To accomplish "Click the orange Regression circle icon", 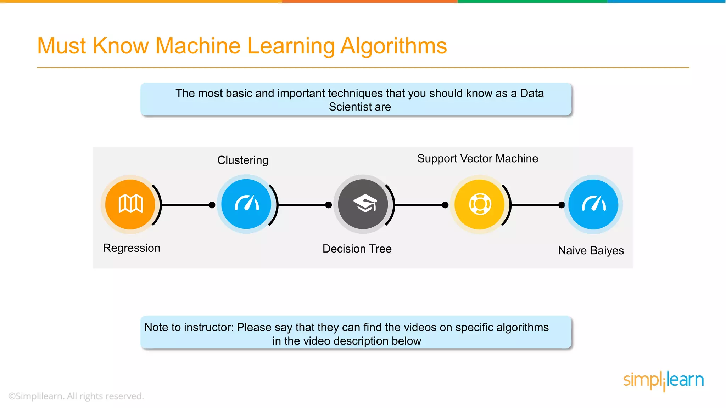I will coord(130,204).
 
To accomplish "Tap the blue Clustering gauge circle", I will coord(246,204).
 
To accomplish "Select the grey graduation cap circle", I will coord(363,204).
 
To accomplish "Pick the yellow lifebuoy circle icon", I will coord(480,204).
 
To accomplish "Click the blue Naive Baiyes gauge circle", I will coord(593,204).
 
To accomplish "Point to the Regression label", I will coord(132,248).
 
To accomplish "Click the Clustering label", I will coord(243,160).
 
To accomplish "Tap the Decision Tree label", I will coord(357,249).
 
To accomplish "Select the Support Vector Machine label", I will coord(478,158).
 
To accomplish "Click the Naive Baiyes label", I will coord(591,250).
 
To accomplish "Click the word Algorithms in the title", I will coord(393,46).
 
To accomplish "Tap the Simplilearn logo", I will coord(663,381).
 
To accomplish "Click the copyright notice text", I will coord(76,396).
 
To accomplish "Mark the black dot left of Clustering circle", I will coord(212,205).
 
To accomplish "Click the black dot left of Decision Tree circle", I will coord(329,205).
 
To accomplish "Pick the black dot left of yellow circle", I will coord(445,205).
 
